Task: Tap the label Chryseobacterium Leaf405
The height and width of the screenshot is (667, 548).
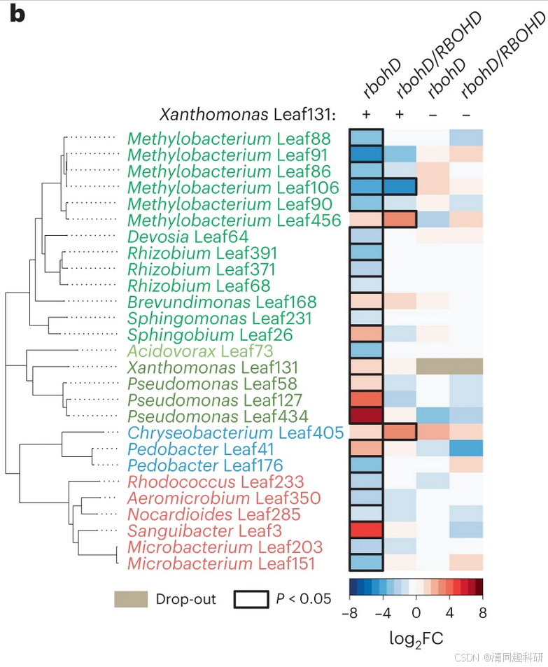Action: coord(235,433)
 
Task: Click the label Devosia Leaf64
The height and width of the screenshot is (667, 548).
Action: coord(188,237)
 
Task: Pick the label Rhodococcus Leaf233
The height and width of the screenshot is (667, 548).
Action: coord(216,482)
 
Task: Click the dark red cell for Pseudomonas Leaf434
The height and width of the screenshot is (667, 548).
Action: coord(366,416)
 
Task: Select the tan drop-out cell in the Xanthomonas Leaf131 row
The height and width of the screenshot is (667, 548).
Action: coord(449,367)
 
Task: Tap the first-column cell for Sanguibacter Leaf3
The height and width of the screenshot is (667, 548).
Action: coord(366,531)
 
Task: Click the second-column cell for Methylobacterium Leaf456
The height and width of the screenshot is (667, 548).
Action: coord(399,220)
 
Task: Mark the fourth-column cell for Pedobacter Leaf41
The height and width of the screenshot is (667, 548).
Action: coord(466,449)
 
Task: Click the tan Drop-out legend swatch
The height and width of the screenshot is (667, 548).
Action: coord(132,599)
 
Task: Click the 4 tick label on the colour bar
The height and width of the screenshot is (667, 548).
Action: coord(449,614)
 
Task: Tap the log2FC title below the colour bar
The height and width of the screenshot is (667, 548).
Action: coord(416,638)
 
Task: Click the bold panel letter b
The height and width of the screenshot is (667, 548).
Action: coord(17,14)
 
